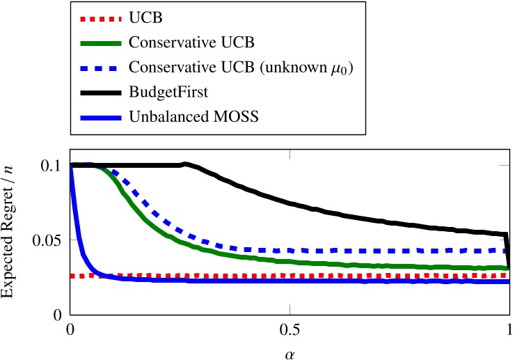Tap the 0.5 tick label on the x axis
click(x=290, y=328)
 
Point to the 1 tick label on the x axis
click(x=509, y=328)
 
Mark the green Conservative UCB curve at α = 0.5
click(x=290, y=261)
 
